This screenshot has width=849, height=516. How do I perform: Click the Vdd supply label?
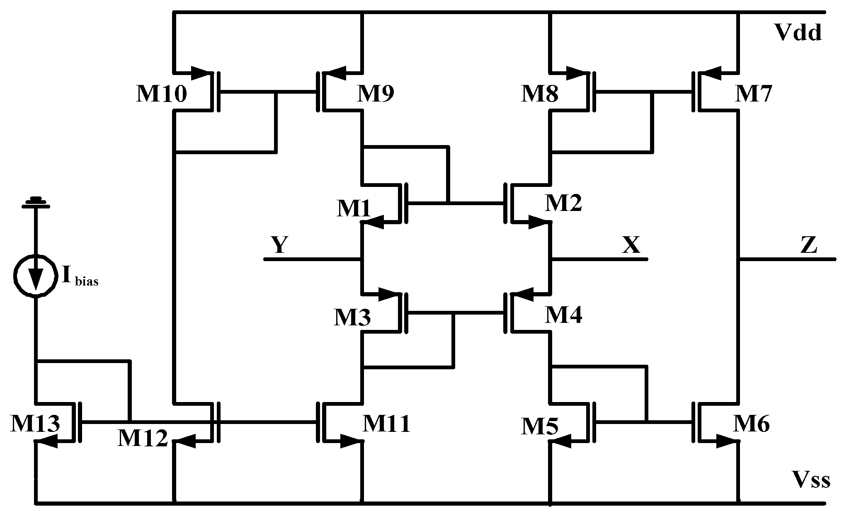coord(798,32)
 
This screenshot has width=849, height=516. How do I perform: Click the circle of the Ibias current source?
coord(35,275)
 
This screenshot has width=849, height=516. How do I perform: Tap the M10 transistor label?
coord(162,94)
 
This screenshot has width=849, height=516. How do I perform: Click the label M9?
coord(376,94)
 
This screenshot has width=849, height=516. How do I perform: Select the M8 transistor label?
coord(540,94)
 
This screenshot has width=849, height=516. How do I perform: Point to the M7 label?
coord(754,94)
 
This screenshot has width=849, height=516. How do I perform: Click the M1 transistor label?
coord(354,208)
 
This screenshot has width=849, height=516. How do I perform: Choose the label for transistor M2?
coord(563,203)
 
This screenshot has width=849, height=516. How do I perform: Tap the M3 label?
coord(352,318)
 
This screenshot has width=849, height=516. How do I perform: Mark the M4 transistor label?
coord(563,315)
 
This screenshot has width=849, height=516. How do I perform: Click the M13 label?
coord(35,424)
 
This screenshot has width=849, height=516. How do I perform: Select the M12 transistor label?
coord(143,438)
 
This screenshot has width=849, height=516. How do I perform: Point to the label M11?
coord(387,424)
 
